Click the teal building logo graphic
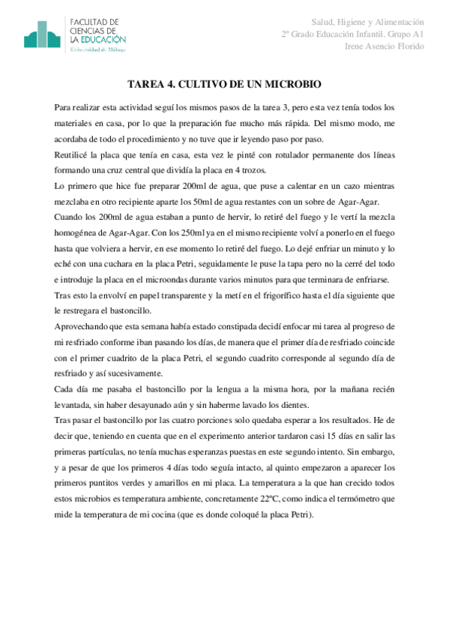point(42,35)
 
